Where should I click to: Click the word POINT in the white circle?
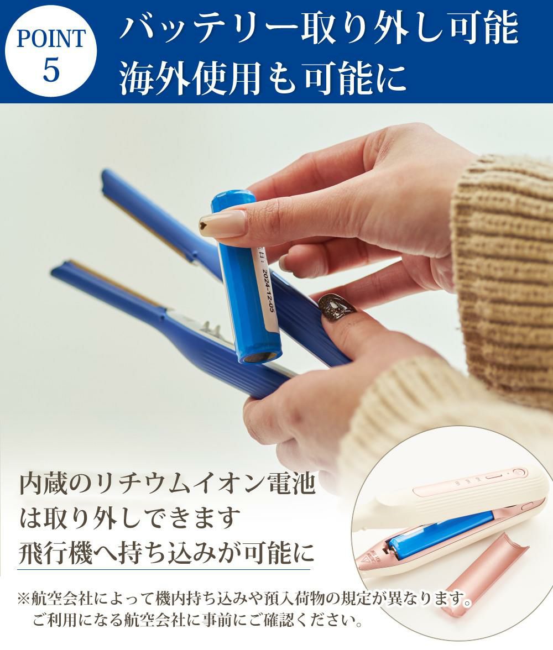pyautogui.click(x=51, y=39)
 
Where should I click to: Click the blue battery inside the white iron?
pyautogui.click(x=439, y=533)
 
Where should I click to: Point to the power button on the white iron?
pyautogui.click(x=517, y=471)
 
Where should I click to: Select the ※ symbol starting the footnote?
pyautogui.click(x=23, y=599)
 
